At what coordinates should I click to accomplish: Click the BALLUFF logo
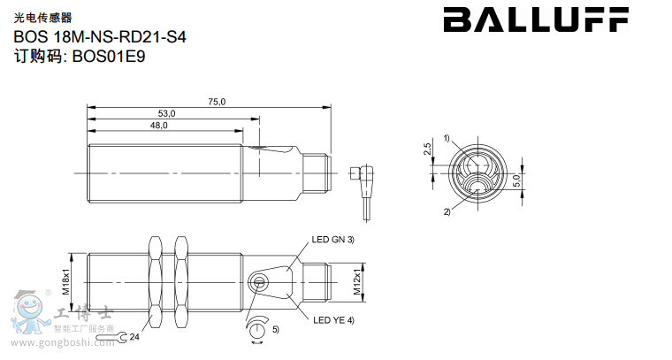click(x=536, y=19)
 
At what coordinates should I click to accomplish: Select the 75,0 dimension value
click(x=217, y=102)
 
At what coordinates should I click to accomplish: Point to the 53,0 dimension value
click(x=167, y=113)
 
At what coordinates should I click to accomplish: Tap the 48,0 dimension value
click(x=158, y=125)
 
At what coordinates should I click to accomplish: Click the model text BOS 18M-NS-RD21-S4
click(x=100, y=37)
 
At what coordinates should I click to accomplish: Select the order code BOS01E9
click(x=109, y=56)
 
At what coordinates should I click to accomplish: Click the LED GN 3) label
click(x=333, y=240)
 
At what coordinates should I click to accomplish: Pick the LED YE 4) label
click(x=333, y=320)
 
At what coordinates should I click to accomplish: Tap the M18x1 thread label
click(x=66, y=282)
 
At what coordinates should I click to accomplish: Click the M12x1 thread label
click(x=357, y=281)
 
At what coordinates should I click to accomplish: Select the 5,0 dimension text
click(x=516, y=180)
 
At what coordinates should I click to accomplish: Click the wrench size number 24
click(x=134, y=337)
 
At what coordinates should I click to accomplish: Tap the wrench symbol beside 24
click(x=112, y=338)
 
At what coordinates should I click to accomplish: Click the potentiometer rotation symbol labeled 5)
click(x=256, y=329)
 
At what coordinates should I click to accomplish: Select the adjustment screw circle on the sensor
click(x=258, y=282)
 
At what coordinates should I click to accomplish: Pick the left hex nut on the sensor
click(x=154, y=282)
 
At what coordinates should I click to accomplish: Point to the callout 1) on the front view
click(x=447, y=139)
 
